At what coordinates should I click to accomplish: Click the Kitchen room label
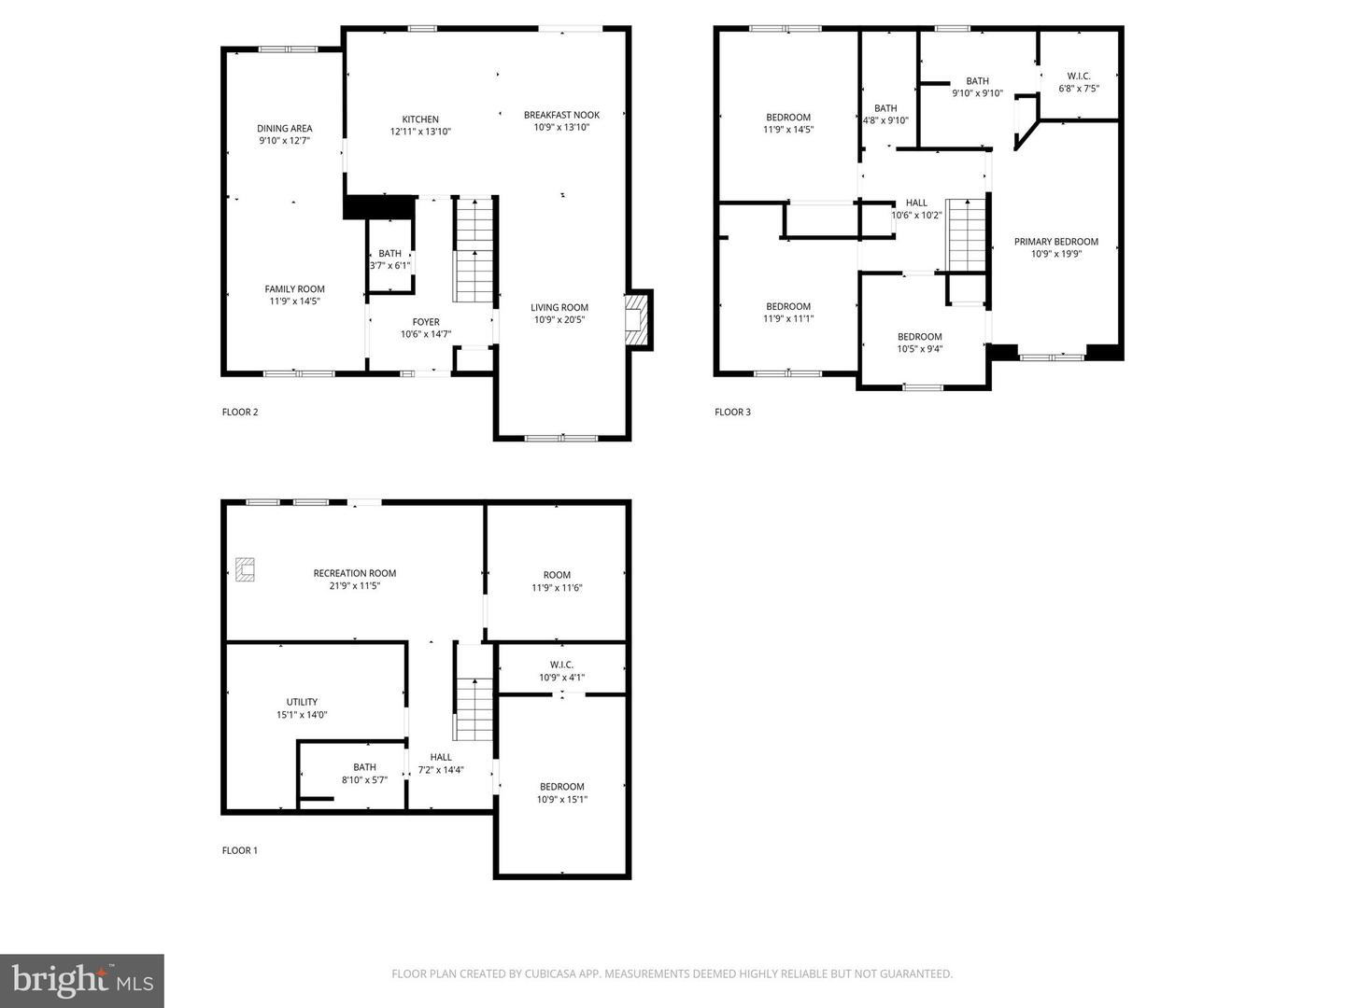click(x=420, y=119)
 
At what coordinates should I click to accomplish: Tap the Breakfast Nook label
click(x=561, y=115)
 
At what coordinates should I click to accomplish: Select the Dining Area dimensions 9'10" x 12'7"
click(x=285, y=141)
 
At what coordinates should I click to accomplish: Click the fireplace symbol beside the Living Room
click(x=636, y=319)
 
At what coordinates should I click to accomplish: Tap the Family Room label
click(x=294, y=289)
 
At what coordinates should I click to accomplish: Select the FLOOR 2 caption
click(x=240, y=413)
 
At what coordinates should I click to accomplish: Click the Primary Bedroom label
click(x=1056, y=242)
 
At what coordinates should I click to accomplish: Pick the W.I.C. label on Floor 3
click(x=1079, y=77)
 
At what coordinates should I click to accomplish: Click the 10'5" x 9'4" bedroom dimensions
click(x=920, y=349)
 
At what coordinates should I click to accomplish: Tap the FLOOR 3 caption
click(x=732, y=413)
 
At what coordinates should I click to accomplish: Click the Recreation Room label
click(x=355, y=573)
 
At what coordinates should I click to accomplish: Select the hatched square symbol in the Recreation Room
click(x=246, y=569)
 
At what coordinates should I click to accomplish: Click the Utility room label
click(x=302, y=702)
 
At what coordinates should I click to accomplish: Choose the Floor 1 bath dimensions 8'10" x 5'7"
click(x=364, y=779)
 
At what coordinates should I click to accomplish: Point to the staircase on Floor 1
click(x=474, y=707)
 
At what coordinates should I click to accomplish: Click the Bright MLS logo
click(x=82, y=980)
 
